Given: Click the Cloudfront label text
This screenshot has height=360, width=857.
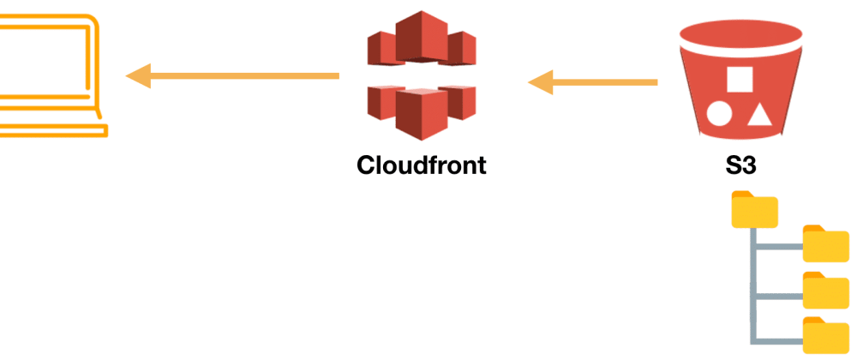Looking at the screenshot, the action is tap(421, 164).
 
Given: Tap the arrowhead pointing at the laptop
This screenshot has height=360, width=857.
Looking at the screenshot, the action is tap(139, 76).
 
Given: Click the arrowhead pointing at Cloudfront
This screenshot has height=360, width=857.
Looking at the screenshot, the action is tap(541, 83).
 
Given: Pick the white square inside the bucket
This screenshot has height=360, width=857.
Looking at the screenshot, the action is tap(739, 79).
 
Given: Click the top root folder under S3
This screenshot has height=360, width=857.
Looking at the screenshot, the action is tap(754, 211).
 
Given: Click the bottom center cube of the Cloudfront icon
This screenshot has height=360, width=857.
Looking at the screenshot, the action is tap(420, 111).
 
